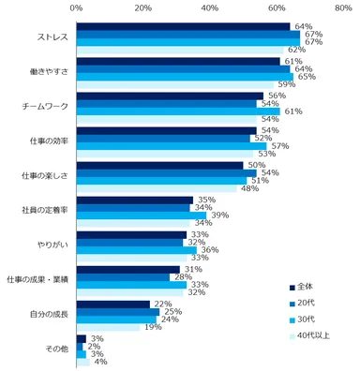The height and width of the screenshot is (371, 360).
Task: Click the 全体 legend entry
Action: coord(310,288)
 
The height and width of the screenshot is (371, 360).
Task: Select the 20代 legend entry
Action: coord(310,304)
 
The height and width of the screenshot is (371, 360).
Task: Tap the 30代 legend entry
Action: coord(310,319)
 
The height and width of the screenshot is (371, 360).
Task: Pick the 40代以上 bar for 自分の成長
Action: coord(108,327)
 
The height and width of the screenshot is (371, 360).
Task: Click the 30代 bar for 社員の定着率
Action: coord(141,215)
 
